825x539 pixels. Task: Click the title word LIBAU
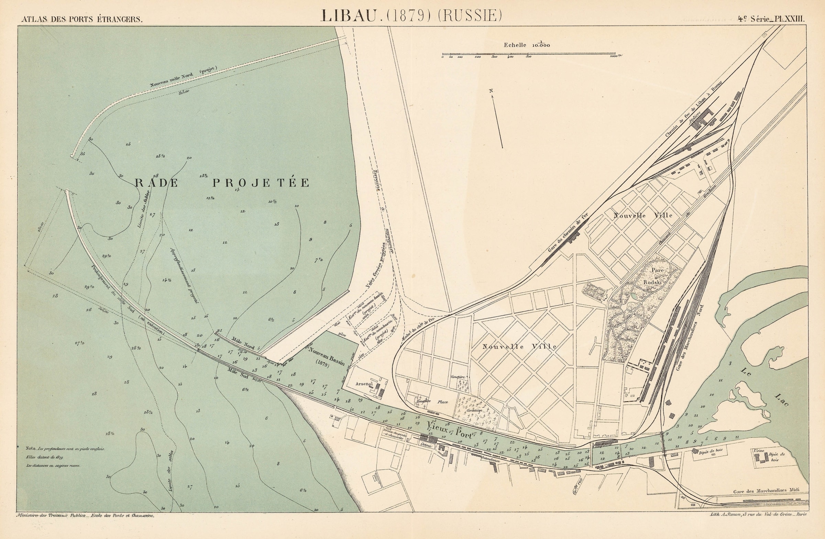point(348,15)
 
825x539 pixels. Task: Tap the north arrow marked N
point(497,120)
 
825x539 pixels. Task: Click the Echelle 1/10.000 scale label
point(527,45)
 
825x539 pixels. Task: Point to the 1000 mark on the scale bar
point(615,56)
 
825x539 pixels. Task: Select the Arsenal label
point(364,384)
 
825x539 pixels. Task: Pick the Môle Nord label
point(243,343)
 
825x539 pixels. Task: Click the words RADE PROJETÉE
point(222,183)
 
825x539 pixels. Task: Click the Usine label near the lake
point(759,451)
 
